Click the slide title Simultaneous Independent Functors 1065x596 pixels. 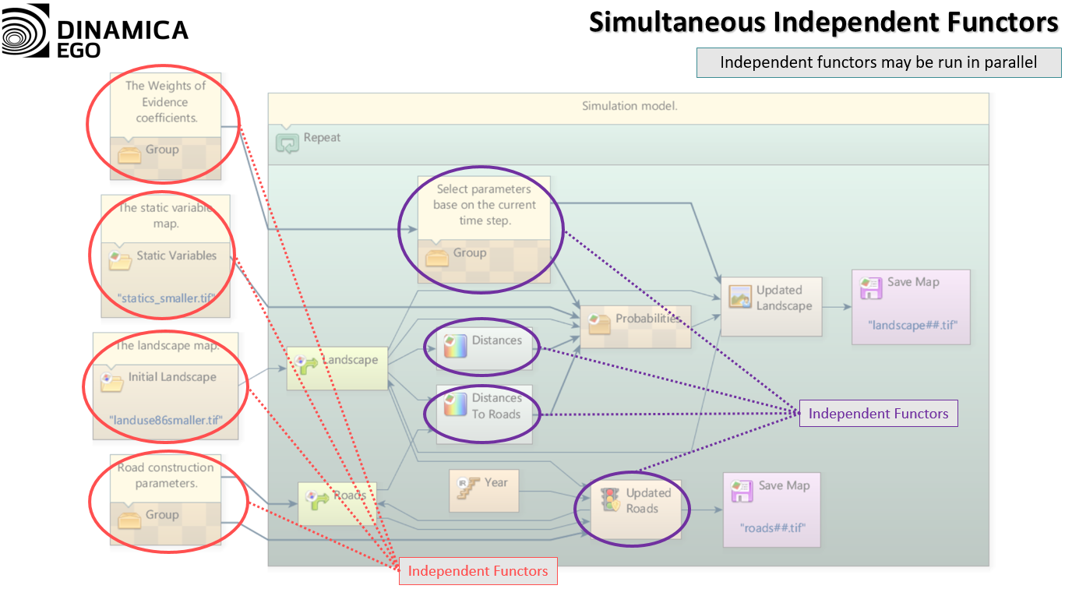[823, 23]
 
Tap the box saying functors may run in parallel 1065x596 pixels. [878, 62]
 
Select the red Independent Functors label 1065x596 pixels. [478, 571]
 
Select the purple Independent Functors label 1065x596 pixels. [878, 414]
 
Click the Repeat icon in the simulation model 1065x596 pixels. [287, 142]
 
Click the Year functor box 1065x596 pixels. [483, 490]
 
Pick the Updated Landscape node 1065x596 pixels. [771, 305]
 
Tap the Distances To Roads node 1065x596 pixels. [484, 414]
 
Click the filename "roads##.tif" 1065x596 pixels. [772, 527]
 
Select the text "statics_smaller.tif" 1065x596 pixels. [165, 298]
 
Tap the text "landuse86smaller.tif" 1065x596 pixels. [166, 420]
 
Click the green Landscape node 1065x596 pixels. [337, 368]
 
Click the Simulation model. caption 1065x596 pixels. [629, 106]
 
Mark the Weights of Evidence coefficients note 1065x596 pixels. [165, 102]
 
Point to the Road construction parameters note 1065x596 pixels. [165, 475]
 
